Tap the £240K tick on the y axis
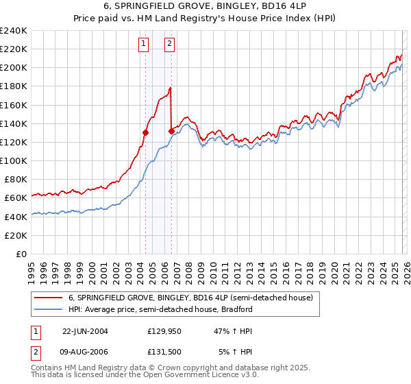point(14,31)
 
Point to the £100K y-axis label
point(14,160)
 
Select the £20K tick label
point(16,235)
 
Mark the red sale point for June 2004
point(145,133)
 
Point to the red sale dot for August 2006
point(171,132)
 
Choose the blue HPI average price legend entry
point(160,309)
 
